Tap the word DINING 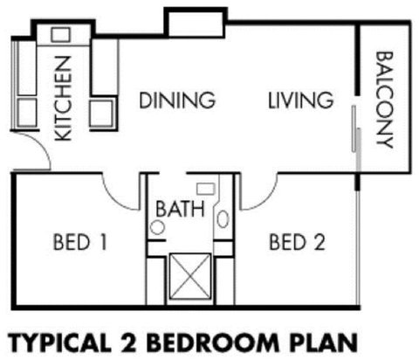[177, 100]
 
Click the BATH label [180, 210]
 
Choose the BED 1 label [79, 241]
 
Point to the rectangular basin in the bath [206, 187]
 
